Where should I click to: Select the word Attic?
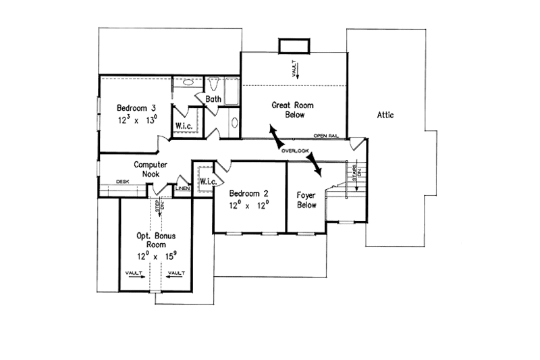click(385, 115)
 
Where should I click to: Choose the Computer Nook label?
click(150, 169)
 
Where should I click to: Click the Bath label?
click(213, 99)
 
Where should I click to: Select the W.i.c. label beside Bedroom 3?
click(185, 126)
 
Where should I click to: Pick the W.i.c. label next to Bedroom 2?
click(207, 182)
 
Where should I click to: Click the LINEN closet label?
click(182, 188)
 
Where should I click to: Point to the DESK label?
click(122, 181)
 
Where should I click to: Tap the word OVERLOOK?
click(295, 151)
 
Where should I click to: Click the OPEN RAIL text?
click(335, 136)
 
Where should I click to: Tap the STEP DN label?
click(160, 207)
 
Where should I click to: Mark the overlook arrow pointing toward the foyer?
click(314, 163)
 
